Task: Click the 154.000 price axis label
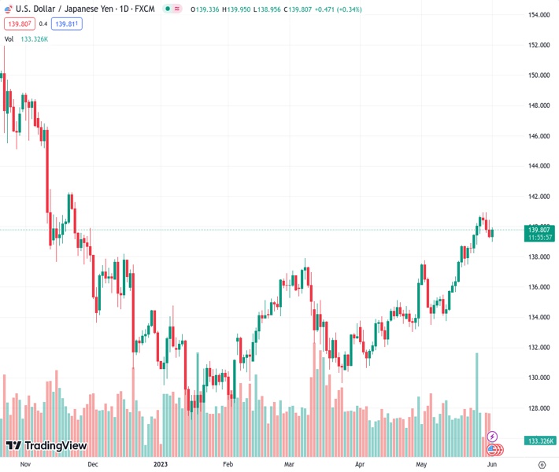(539, 15)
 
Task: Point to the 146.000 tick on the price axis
(539, 136)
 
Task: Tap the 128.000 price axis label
(539, 408)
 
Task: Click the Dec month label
(93, 464)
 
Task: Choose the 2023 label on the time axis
(161, 464)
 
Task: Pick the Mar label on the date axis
(290, 464)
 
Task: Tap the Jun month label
(491, 464)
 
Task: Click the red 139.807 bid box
(18, 24)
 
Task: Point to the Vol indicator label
(9, 39)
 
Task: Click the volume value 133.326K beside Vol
(35, 39)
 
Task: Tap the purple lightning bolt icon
(493, 437)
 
